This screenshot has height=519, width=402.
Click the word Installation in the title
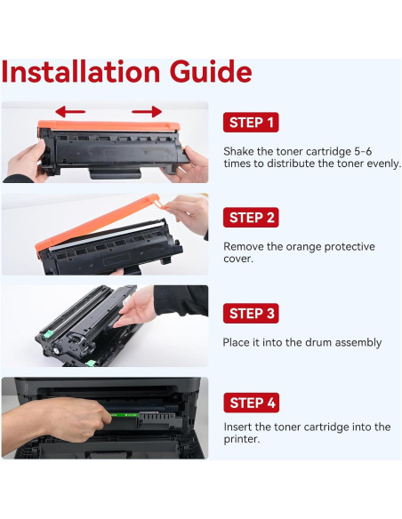pos(81,72)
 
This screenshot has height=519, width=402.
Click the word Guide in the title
pos(211,72)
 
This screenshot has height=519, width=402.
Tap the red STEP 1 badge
pos(251,123)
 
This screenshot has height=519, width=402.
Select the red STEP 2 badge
pos(251,218)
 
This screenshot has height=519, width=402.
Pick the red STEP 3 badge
pos(251,313)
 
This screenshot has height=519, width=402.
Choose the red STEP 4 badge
pos(252,403)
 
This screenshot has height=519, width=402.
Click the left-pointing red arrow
pos(70,112)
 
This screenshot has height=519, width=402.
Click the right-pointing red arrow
pos(147,112)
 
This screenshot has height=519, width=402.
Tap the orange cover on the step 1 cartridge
pos(109,126)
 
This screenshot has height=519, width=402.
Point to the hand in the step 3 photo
pos(135,307)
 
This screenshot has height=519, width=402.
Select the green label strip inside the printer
pos(124,415)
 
